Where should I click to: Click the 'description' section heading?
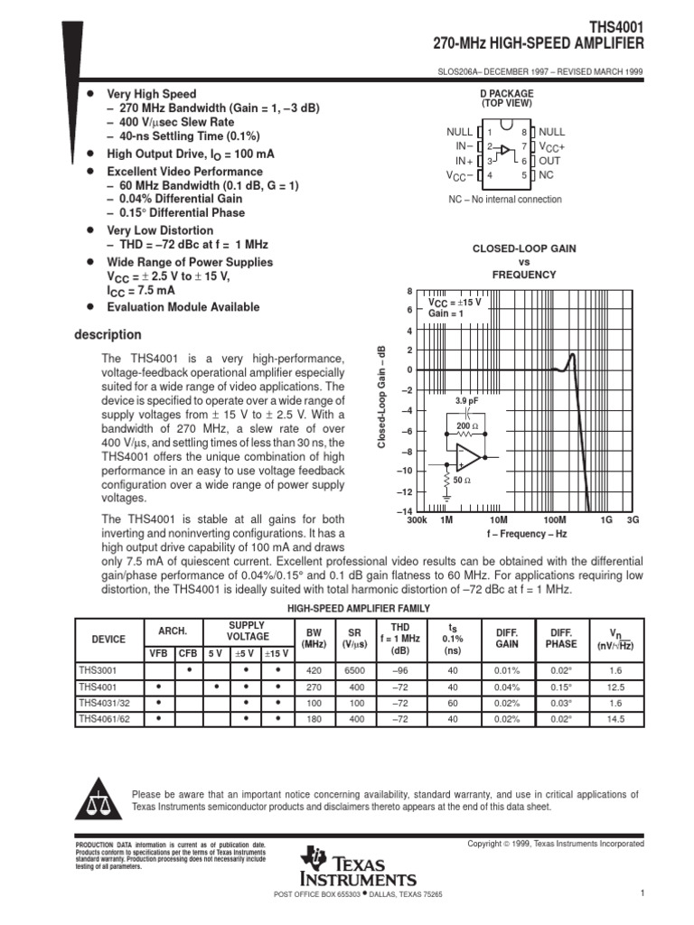point(107,335)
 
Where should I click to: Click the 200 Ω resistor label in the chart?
point(467,425)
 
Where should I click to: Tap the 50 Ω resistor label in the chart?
point(462,480)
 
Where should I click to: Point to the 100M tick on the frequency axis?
point(554,521)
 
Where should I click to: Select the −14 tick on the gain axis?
point(404,512)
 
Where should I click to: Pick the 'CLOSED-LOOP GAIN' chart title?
point(524,248)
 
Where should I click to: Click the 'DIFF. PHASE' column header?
point(561,639)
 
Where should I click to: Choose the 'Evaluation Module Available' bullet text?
point(183,307)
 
